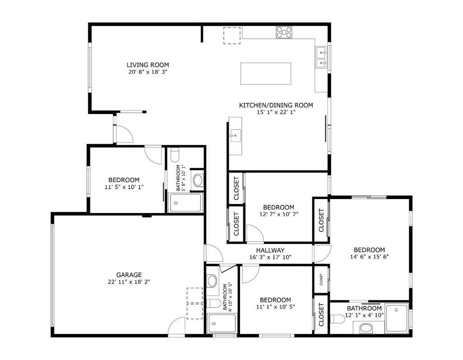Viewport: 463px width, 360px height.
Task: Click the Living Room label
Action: pos(148,65)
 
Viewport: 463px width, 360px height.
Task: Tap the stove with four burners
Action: pos(284,32)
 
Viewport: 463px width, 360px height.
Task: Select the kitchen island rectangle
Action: pos(266,74)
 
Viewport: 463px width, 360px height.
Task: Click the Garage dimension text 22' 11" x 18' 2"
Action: pos(129,282)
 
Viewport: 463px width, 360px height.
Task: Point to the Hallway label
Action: pos(270,251)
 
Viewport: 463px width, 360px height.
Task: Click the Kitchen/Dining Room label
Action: pos(276,105)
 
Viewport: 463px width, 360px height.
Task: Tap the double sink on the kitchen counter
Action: pos(321,57)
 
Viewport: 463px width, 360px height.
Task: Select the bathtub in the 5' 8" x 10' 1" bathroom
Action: pos(185,203)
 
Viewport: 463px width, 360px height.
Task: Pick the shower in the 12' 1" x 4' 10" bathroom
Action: pos(397,318)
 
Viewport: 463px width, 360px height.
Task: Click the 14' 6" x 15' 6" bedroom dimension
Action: pos(369,257)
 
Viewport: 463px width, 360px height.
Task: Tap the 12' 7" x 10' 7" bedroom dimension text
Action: pos(279,214)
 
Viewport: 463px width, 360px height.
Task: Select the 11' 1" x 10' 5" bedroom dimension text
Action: pos(275,307)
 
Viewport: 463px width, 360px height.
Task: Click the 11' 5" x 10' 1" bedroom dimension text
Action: pos(124,187)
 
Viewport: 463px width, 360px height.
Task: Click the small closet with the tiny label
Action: pos(321,279)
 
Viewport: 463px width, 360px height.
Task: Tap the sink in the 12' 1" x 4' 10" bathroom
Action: pos(366,328)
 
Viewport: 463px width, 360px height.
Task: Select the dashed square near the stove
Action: pos(232,35)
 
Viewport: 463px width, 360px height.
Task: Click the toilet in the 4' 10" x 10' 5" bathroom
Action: pos(213,303)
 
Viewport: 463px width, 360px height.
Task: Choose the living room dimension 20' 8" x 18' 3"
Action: pos(148,72)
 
